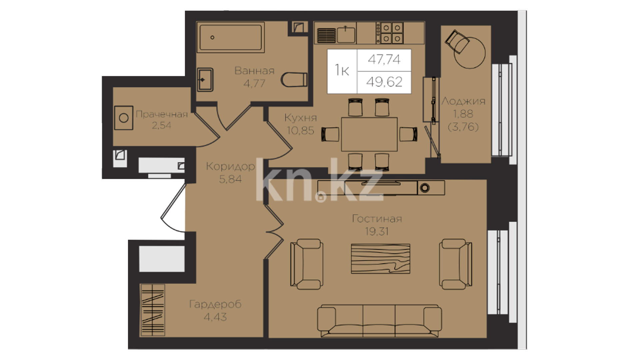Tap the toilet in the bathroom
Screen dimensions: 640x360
[294, 79]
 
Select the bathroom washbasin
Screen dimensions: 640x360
[205, 80]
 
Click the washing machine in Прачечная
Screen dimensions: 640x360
[124, 118]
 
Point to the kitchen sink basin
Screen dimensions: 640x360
[346, 34]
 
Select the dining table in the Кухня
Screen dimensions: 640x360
[369, 134]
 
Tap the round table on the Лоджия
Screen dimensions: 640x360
[469, 52]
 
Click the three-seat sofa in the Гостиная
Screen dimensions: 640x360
[379, 320]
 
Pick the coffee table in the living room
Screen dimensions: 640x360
[380, 258]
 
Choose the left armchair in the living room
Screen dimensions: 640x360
[306, 264]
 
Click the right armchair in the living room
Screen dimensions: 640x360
[455, 264]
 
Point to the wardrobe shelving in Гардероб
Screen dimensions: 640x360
[153, 310]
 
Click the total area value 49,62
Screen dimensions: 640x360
[384, 82]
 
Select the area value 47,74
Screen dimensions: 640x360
[384, 59]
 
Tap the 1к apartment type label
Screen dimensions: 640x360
[342, 70]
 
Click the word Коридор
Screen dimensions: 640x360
[230, 166]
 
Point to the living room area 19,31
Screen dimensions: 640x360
[377, 231]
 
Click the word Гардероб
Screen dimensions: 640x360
[215, 304]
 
